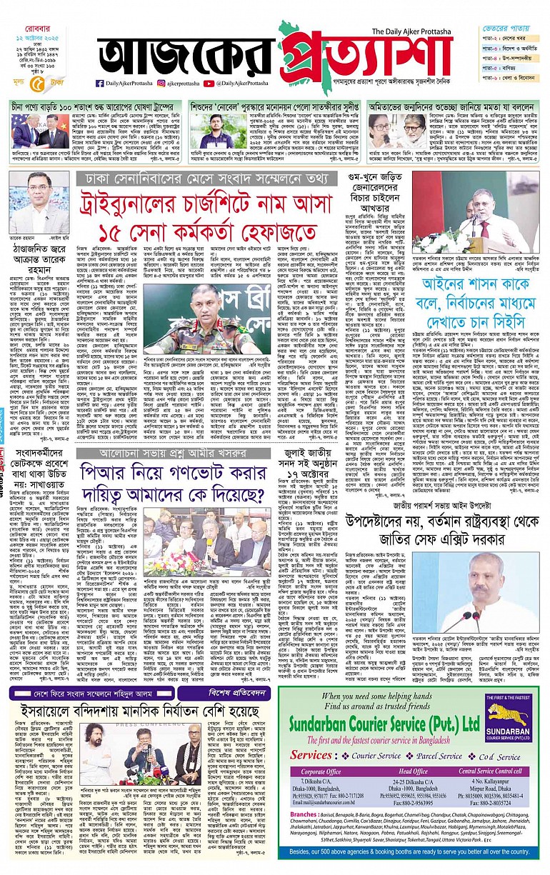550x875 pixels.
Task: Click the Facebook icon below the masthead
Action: click(x=100, y=84)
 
